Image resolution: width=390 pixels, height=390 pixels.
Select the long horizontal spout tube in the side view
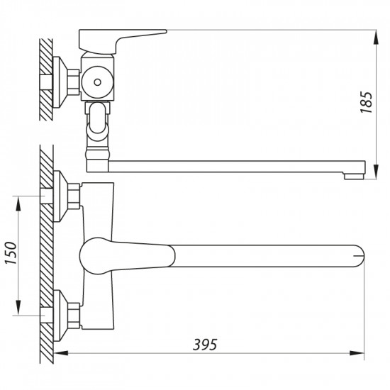point(227,165)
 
